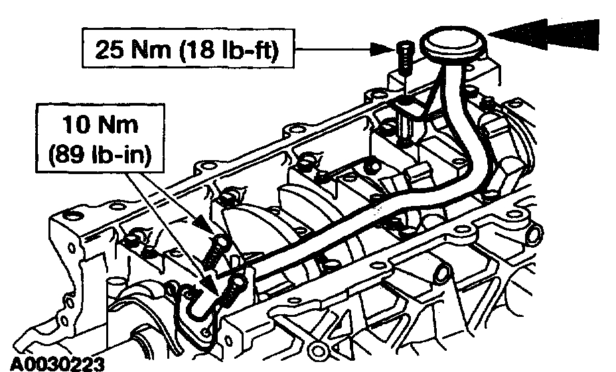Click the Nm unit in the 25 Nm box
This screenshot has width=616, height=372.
[151, 47]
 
